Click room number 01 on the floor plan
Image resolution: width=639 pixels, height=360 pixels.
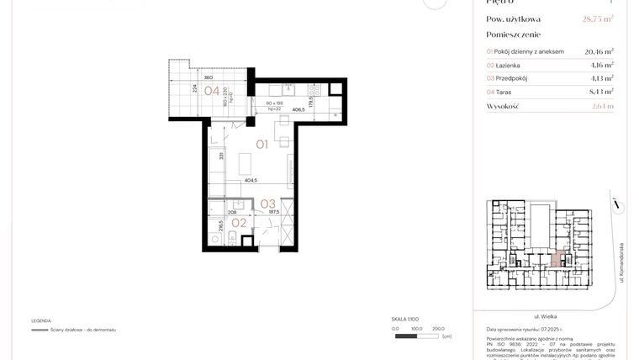coord(261,145)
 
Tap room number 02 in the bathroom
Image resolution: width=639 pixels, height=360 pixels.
coord(239,223)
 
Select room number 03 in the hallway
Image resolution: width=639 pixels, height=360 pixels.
coord(267,203)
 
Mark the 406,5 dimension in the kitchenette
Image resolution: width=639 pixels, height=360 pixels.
coord(298,109)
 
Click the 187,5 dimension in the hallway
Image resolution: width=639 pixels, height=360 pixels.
coord(272,214)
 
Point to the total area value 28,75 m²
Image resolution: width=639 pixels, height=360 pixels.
coord(597,19)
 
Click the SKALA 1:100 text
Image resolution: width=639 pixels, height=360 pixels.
coord(404,320)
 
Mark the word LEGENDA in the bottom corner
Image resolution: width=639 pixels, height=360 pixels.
coord(41,320)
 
